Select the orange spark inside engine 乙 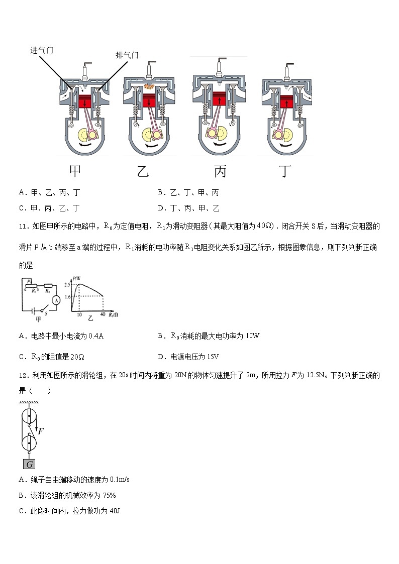149,87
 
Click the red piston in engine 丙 219,99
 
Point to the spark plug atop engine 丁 289,70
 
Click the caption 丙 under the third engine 220,172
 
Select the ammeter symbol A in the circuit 57,300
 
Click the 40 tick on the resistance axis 103,314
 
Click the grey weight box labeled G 30,464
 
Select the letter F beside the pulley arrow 41,430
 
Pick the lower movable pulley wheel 30,444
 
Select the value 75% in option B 109,495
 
